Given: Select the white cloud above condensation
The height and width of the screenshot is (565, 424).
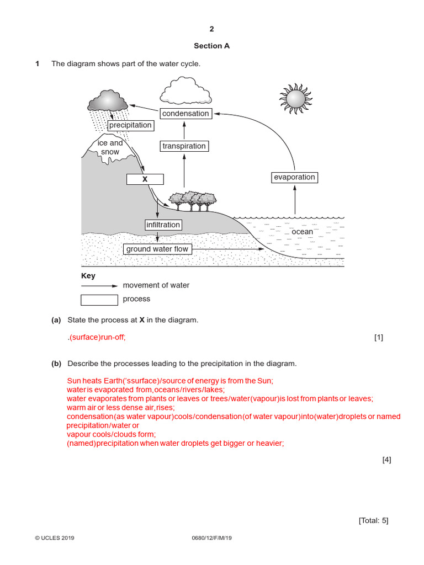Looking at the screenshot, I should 185,91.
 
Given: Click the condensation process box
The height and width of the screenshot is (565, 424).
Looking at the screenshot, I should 185,114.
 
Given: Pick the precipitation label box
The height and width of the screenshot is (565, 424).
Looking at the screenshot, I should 130,125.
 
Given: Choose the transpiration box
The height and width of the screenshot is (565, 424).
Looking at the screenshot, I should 184,146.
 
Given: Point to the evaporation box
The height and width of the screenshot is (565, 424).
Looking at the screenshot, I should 294,178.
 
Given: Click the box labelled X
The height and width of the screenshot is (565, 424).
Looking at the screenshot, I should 145,179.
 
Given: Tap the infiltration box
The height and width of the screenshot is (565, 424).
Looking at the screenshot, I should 163,225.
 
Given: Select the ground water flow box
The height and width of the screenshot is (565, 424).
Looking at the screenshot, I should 157,249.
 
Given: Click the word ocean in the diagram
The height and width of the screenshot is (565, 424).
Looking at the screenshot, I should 302,232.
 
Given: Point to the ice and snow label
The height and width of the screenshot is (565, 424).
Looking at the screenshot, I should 110,147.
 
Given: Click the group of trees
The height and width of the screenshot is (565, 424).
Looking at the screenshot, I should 192,201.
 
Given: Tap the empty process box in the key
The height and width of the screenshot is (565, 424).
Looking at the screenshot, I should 99,300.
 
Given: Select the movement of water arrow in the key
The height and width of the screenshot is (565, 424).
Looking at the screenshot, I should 99,286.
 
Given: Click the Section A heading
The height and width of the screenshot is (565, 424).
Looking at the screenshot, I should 211,46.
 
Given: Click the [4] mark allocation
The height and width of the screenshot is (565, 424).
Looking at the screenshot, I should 386,460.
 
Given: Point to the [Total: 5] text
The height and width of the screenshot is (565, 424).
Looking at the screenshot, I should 374,520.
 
